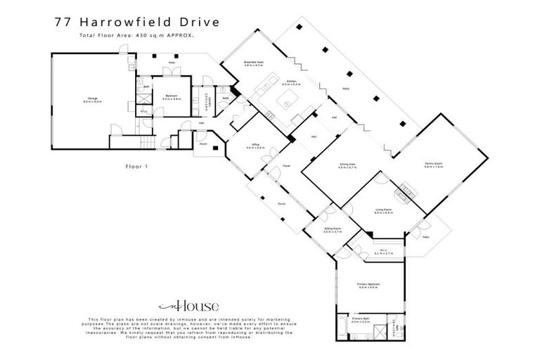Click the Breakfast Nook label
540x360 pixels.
pyautogui.click(x=254, y=63)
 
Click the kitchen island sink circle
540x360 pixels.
pyautogui.click(x=287, y=103)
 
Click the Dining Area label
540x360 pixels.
pyautogui.click(x=346, y=166)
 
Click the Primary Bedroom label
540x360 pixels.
pyautogui.click(x=369, y=285)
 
